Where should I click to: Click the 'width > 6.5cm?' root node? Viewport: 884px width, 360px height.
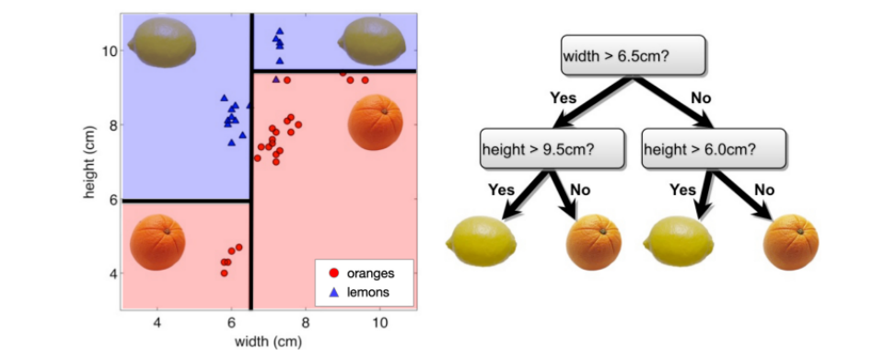point(633,56)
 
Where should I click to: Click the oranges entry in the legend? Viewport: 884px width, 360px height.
point(364,273)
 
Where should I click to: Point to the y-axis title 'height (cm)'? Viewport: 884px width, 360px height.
point(90,163)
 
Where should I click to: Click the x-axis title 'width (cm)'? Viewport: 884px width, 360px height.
point(268,342)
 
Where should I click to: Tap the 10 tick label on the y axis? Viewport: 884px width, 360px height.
point(108,51)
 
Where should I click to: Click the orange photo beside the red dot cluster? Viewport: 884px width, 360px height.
point(378,125)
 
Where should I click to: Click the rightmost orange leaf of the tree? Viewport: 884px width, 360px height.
point(792,242)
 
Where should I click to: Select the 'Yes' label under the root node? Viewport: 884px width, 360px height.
point(563,97)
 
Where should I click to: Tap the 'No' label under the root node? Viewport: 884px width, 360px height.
point(703,97)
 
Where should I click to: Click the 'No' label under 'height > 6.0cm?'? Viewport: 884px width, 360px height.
point(764,190)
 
